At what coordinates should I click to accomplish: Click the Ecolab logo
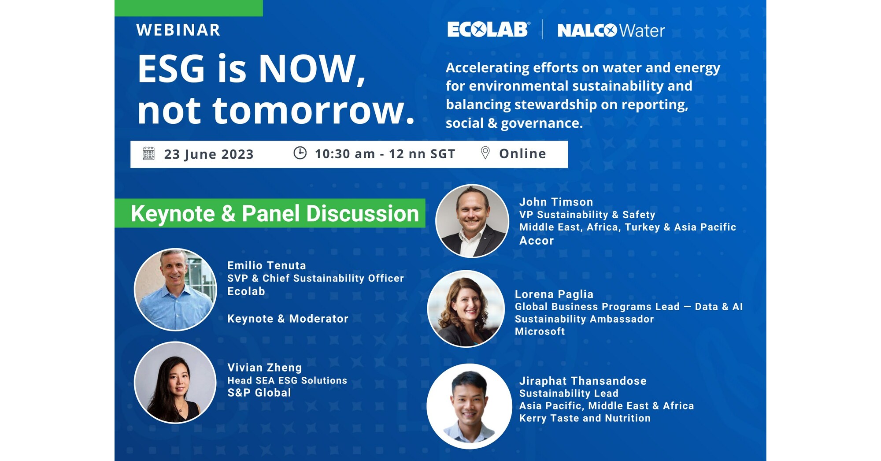tap(488, 30)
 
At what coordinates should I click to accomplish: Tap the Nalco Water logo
tap(611, 30)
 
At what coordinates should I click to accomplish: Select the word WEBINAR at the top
tap(178, 30)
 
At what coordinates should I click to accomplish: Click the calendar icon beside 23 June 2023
tap(149, 154)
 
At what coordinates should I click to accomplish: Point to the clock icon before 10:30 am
tap(300, 153)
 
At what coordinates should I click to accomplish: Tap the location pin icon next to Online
tap(485, 153)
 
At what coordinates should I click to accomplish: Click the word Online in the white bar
tap(522, 153)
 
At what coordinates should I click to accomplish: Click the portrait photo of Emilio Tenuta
tap(175, 290)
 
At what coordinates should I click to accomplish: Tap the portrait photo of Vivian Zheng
tap(175, 383)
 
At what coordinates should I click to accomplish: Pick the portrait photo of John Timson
tap(472, 221)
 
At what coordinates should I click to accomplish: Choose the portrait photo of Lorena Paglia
tap(466, 309)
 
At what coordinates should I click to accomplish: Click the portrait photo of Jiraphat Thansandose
tap(469, 406)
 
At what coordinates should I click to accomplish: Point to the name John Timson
tap(556, 202)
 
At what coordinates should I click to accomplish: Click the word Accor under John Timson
tap(536, 241)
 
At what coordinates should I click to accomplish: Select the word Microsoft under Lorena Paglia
tap(540, 331)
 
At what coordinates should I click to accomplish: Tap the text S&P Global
tap(259, 393)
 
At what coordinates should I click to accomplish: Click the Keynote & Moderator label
tap(288, 319)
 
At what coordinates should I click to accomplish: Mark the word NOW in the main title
tap(307, 69)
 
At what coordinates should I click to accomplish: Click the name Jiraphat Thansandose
tap(583, 381)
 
